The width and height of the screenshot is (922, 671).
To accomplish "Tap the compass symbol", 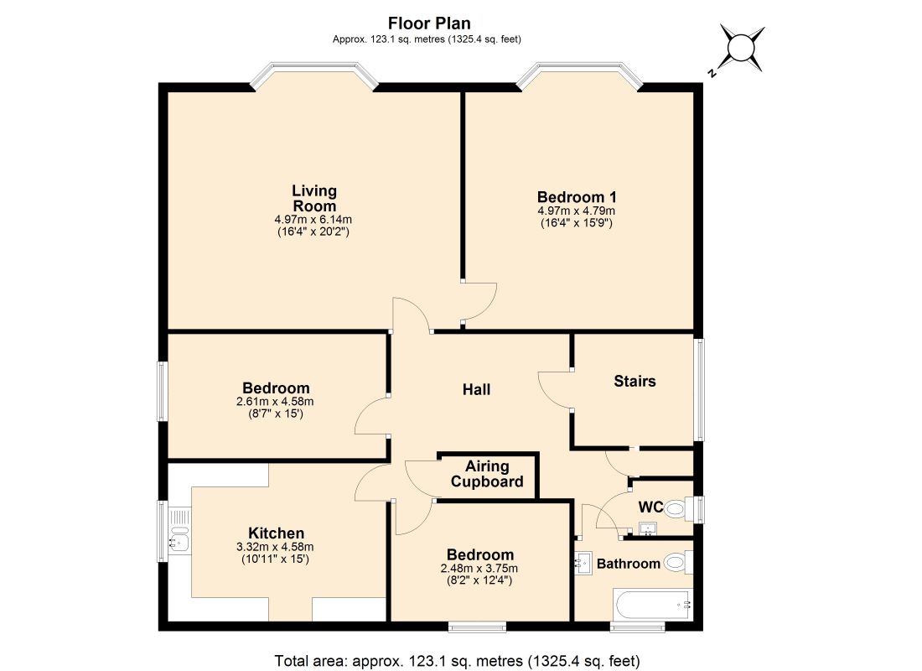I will point(743,47).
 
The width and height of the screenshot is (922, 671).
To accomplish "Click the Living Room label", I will point(313,199).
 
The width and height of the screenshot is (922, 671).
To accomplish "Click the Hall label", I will point(476,390).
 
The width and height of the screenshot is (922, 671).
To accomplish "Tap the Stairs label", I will point(635,382).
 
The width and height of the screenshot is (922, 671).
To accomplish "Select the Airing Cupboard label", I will point(487,474).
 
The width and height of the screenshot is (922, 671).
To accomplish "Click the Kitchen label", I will point(276,533).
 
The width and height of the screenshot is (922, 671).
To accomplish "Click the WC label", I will point(651,507).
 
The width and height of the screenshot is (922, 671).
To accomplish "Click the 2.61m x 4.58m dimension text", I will point(276,402).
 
